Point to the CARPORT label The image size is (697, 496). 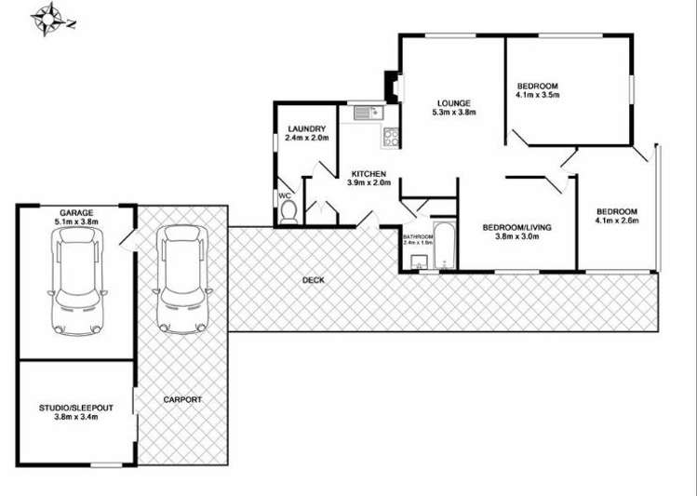point(182,399)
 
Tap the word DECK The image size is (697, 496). point(313,280)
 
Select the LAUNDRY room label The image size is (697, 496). point(305,129)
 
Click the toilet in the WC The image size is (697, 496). point(288,213)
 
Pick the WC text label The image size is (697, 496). point(285,196)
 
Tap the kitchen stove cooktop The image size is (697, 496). point(390,138)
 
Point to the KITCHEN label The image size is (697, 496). point(368,174)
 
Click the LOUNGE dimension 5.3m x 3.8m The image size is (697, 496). point(453,113)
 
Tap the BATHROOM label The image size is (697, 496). point(418,237)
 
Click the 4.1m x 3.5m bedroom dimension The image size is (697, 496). point(537,94)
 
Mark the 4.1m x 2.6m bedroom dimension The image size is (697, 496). point(616,221)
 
